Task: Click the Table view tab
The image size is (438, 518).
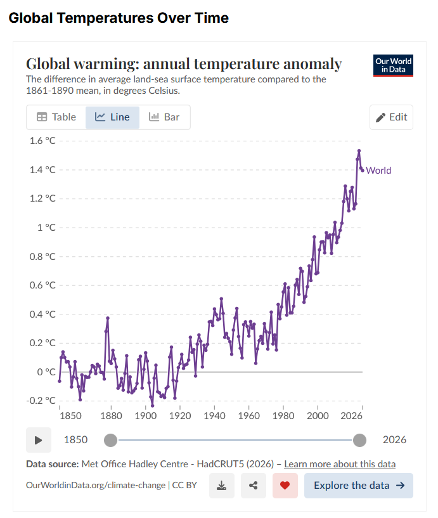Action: click(56, 117)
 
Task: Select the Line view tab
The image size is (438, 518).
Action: click(112, 117)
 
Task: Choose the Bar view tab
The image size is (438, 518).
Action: click(165, 117)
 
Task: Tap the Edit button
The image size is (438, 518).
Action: click(392, 117)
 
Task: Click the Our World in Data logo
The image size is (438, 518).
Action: click(393, 65)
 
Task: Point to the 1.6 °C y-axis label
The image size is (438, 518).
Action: click(42, 141)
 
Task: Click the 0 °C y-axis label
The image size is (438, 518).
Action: click(46, 372)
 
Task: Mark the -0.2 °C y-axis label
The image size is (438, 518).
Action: click(41, 401)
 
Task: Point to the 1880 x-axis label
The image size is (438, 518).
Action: click(112, 415)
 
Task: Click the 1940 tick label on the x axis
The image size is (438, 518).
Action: click(214, 415)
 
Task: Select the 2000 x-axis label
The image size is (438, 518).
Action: click(318, 415)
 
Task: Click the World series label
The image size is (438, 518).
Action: click(378, 171)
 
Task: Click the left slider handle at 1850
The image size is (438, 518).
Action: click(111, 440)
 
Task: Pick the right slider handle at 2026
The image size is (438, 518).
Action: click(359, 440)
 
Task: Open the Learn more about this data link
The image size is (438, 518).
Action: click(340, 464)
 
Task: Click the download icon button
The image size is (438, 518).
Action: click(222, 486)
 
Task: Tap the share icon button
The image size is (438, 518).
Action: click(254, 486)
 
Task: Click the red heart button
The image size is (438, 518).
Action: click(285, 486)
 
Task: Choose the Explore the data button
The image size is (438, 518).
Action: click(359, 486)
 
